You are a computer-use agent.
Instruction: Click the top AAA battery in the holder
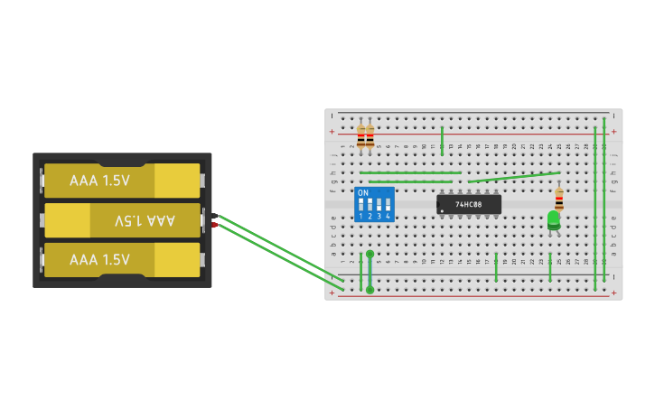[x=122, y=181]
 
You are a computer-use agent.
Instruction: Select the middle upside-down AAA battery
[x=122, y=220]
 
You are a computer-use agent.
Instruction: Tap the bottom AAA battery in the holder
[x=122, y=260]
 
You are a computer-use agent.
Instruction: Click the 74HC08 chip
[x=469, y=204]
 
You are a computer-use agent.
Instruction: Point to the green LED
[x=554, y=218]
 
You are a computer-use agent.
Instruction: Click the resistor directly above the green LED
[x=559, y=197]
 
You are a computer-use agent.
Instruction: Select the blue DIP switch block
[x=375, y=205]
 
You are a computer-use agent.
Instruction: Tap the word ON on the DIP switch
[x=363, y=193]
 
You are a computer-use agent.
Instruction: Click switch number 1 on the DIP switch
[x=361, y=207]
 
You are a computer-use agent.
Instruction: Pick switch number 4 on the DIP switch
[x=388, y=207]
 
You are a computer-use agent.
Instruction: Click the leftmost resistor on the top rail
[x=360, y=136]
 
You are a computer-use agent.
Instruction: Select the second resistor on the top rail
[x=370, y=136]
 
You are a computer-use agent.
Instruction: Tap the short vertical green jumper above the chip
[x=442, y=140]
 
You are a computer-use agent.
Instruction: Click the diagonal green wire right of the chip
[x=515, y=177]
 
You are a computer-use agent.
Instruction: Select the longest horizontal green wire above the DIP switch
[x=410, y=172]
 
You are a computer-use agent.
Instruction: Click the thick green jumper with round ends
[x=370, y=272]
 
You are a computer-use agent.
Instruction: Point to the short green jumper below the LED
[x=550, y=266]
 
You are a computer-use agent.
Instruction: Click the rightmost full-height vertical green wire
[x=604, y=203]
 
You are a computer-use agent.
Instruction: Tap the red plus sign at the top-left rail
[x=332, y=132]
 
